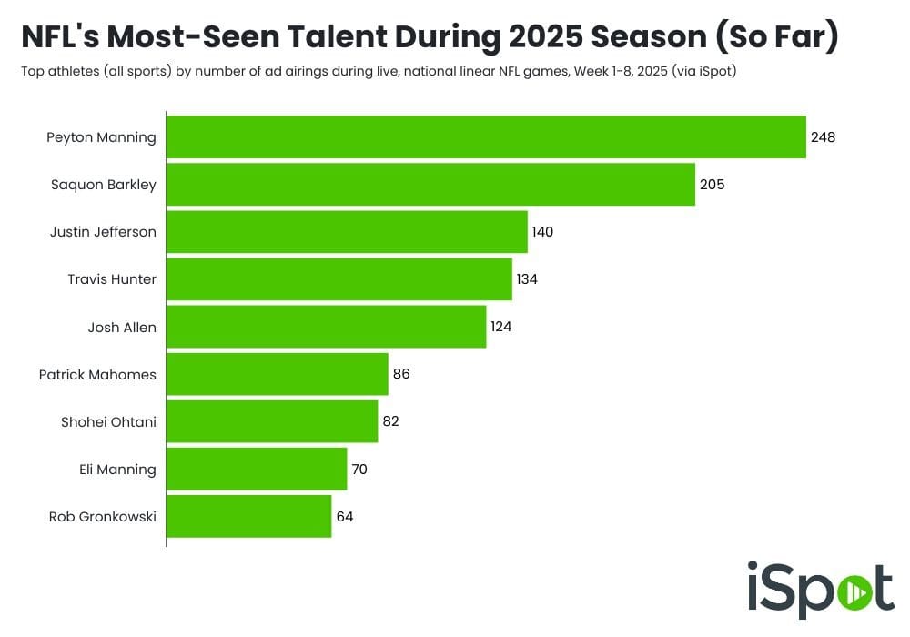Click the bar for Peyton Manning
coord(486,137)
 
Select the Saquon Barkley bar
coord(430,185)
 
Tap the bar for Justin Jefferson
coord(347,232)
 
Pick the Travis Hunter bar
coord(339,279)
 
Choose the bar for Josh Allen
coord(326,327)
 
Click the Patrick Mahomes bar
coord(277,374)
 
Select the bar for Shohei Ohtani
coord(271,421)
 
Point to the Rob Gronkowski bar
coord(248,516)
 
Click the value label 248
coord(823,137)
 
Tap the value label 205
coord(712,185)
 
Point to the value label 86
coord(401,374)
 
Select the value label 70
coord(359,469)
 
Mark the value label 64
coord(344,516)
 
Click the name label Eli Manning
coord(118,470)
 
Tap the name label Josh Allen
coord(122,328)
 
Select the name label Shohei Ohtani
coord(108,422)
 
